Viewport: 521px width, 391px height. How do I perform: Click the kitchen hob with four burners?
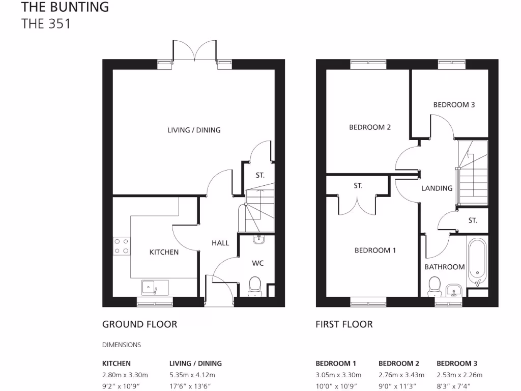pyautogui.click(x=121, y=246)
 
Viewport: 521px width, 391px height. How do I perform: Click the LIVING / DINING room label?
pyautogui.click(x=194, y=130)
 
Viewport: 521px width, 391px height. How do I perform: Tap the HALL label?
pyautogui.click(x=220, y=243)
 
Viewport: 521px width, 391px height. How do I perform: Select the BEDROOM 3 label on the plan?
pyautogui.click(x=454, y=104)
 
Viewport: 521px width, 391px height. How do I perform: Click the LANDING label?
pyautogui.click(x=437, y=188)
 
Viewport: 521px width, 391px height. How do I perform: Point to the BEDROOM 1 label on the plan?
pyautogui.click(x=375, y=250)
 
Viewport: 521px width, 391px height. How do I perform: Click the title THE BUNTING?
pyautogui.click(x=65, y=7)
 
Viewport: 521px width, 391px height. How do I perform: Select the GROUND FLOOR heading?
pyautogui.click(x=139, y=324)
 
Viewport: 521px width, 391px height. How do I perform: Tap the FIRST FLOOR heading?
pyautogui.click(x=344, y=324)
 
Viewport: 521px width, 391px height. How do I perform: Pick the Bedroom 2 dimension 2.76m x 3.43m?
pyautogui.click(x=401, y=375)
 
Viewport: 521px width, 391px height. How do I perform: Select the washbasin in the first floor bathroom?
pyautogui.click(x=453, y=291)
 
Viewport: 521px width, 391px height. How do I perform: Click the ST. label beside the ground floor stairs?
pyautogui.click(x=260, y=175)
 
